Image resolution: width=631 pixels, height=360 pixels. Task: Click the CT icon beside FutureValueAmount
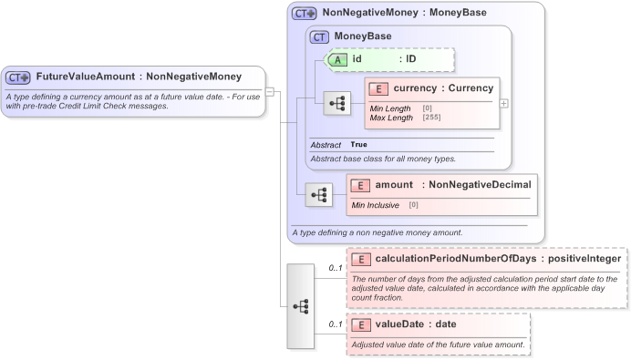19,77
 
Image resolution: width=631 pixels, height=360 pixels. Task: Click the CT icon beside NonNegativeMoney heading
305,14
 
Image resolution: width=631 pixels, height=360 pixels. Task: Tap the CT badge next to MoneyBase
319,36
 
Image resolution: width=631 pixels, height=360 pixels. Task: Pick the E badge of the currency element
379,88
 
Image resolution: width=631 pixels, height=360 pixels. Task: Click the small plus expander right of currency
504,103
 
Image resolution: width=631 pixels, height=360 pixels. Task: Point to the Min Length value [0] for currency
427,108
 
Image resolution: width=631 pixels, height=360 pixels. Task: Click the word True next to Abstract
359,145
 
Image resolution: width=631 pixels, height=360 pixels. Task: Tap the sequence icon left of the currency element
337,103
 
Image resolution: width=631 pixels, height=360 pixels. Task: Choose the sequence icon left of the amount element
319,194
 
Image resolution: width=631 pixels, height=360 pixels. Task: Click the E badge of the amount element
361,185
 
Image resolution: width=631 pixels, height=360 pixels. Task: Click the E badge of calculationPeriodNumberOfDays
361,259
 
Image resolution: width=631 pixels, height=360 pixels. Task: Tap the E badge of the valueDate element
361,324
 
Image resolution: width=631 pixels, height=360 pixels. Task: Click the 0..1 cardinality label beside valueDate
335,324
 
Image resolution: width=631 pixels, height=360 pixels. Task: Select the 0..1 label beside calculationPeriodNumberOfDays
335,269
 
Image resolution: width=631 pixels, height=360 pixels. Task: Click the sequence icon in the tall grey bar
300,306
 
